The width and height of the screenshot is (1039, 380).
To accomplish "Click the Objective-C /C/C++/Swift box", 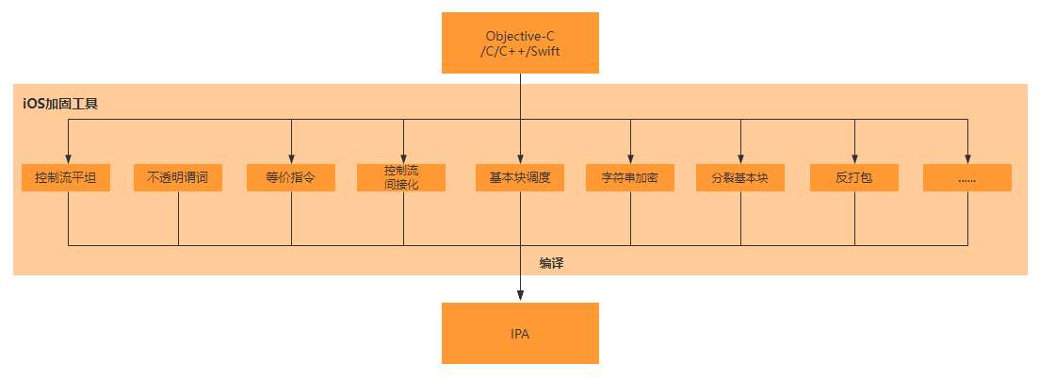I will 520,42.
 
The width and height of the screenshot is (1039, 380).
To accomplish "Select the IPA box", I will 520,333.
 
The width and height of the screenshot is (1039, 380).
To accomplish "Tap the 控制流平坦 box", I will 66,177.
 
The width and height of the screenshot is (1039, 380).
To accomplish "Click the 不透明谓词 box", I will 178,177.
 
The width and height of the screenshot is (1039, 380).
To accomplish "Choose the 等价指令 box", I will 290,177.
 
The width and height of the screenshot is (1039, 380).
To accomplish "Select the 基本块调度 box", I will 520,177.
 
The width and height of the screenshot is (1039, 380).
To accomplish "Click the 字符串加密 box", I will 630,177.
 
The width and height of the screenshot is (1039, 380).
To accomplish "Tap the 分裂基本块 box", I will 740,177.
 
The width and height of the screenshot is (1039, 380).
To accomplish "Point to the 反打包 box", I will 854,177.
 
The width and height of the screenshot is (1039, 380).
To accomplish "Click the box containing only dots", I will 966,177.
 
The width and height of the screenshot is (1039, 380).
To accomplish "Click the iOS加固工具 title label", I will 60,103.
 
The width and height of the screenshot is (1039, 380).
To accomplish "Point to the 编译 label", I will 551,263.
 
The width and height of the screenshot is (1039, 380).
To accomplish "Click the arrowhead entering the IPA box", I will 520,297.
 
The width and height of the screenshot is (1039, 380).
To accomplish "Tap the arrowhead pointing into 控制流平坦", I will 68,158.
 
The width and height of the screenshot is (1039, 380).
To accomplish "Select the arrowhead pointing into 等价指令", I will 291,158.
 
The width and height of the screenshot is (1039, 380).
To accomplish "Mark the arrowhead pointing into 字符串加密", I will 630,158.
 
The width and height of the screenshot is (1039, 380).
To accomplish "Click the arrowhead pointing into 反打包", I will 854,158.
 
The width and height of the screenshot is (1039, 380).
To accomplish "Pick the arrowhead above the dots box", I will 967,158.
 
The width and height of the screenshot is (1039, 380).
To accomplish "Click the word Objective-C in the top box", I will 520,36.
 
